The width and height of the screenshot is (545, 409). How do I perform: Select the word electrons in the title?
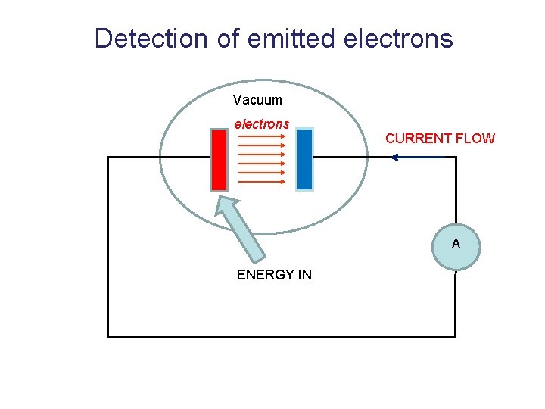click(x=398, y=38)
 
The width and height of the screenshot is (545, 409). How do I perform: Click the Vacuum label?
click(x=257, y=100)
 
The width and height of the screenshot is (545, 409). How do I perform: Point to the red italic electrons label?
click(x=261, y=123)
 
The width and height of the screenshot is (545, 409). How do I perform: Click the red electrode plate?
click(x=219, y=160)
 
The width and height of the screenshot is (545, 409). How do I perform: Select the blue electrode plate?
click(x=304, y=159)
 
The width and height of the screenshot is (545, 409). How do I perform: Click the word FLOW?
click(x=477, y=139)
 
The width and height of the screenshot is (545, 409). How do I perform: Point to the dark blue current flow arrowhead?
click(x=394, y=158)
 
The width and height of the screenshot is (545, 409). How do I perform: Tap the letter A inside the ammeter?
click(x=456, y=244)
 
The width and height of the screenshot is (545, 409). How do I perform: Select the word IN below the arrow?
click(x=304, y=275)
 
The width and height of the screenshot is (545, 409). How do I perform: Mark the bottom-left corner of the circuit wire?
click(x=108, y=336)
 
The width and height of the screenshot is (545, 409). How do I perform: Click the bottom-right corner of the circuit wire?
click(x=456, y=336)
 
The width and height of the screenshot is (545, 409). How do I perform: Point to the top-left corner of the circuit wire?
click(x=108, y=158)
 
